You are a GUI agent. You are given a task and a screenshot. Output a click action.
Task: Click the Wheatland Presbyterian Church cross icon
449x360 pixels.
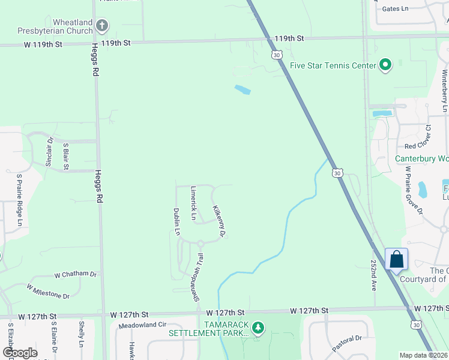point(103,26)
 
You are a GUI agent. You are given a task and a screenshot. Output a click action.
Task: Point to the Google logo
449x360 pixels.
point(20,353)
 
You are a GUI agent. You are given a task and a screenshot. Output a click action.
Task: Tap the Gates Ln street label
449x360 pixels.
point(394,8)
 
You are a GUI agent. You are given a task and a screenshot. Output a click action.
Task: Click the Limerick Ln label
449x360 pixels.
point(193,203)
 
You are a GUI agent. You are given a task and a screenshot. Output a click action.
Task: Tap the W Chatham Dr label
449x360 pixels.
point(75,274)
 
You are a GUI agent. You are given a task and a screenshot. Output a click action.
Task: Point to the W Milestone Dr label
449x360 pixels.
point(48,292)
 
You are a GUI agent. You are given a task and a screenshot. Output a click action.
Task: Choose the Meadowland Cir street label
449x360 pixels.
point(142,325)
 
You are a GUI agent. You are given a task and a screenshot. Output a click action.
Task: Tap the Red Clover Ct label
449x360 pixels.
point(418,146)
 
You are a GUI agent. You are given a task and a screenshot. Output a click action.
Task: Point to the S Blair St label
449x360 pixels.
point(65,155)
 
